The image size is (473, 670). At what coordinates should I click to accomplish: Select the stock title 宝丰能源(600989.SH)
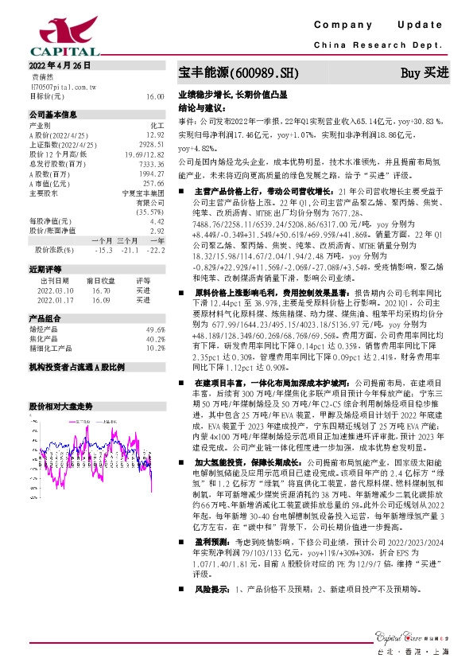pos(238,73)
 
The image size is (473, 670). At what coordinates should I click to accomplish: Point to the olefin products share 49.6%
pos(155,329)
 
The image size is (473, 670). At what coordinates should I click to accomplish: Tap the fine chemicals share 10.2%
pos(155,347)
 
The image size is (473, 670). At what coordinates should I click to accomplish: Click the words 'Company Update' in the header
pos(382,26)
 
